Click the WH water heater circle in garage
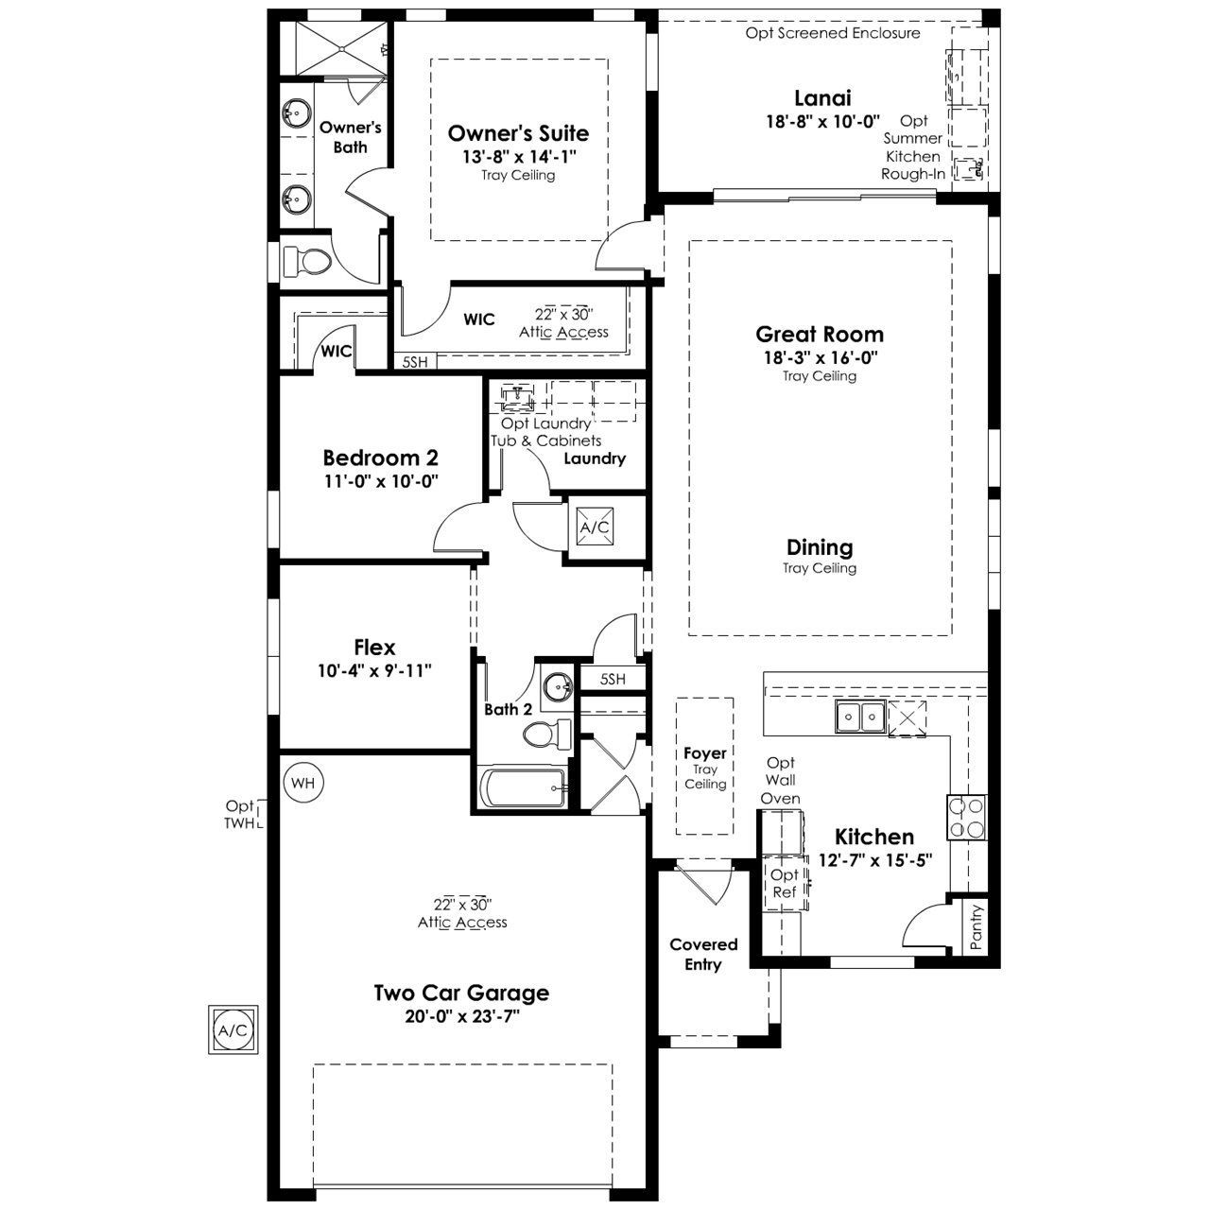[303, 783]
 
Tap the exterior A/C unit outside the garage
[233, 1030]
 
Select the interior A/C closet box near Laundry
[595, 527]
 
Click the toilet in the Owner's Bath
[305, 261]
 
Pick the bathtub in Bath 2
[523, 787]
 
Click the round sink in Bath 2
[557, 687]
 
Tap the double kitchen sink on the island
[859, 717]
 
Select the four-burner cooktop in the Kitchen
[966, 817]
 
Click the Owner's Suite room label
[518, 133]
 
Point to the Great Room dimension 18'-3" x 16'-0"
[821, 357]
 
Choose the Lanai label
[822, 98]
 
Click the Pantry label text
[976, 926]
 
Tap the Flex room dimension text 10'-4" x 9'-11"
[374, 671]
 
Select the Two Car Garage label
[461, 993]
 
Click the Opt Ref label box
[785, 882]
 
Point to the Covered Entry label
[703, 955]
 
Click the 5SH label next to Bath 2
[613, 679]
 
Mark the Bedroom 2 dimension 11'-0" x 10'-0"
[381, 481]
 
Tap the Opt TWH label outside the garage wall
[240, 815]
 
